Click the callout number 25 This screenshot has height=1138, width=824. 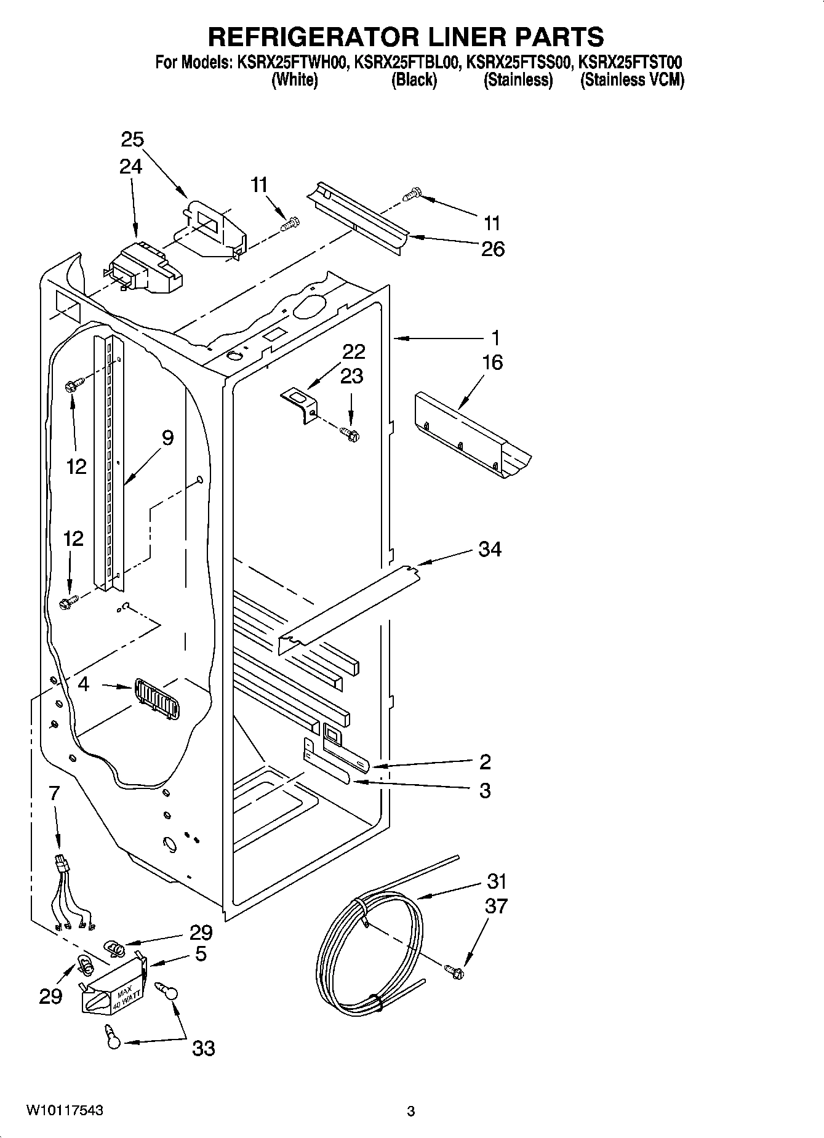coord(132,140)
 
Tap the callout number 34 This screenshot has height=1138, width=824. coord(490,548)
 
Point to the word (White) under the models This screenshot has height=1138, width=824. coord(295,80)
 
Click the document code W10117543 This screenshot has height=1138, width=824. coord(65,1111)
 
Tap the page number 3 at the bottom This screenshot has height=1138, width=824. coord(411,1112)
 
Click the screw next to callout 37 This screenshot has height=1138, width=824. coord(455,972)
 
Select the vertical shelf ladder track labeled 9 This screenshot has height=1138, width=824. coord(109,462)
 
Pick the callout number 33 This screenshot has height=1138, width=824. coord(204,1048)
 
